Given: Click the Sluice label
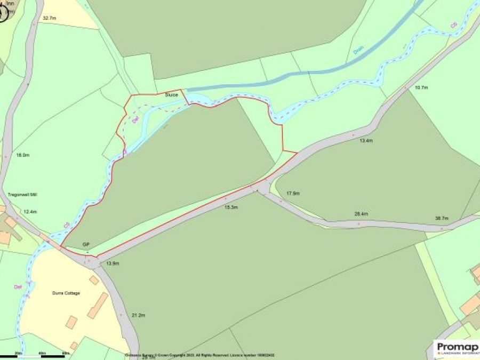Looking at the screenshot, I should coord(171,94).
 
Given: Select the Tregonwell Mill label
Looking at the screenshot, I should coord(22,195).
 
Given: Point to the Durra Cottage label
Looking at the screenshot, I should coord(66,293).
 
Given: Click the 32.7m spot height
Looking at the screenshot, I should coord(50,19).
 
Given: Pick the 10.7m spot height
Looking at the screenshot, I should coord(421,87).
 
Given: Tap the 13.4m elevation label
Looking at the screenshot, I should coord(366,141).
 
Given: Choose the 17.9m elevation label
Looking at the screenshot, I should coord(293,193).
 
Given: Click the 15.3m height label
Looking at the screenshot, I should coord(230,207).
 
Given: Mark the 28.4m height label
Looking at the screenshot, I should coord(362,214).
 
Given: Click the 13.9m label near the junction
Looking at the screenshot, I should coord(113,263).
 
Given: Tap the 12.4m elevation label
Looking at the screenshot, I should coord(30,212).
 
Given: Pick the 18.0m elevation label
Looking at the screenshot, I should coord(22,155).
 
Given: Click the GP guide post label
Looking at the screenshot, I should coord(86,245).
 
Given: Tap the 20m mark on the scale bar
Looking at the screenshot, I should coord(18,353).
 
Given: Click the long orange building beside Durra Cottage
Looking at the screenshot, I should coord(98,305).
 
